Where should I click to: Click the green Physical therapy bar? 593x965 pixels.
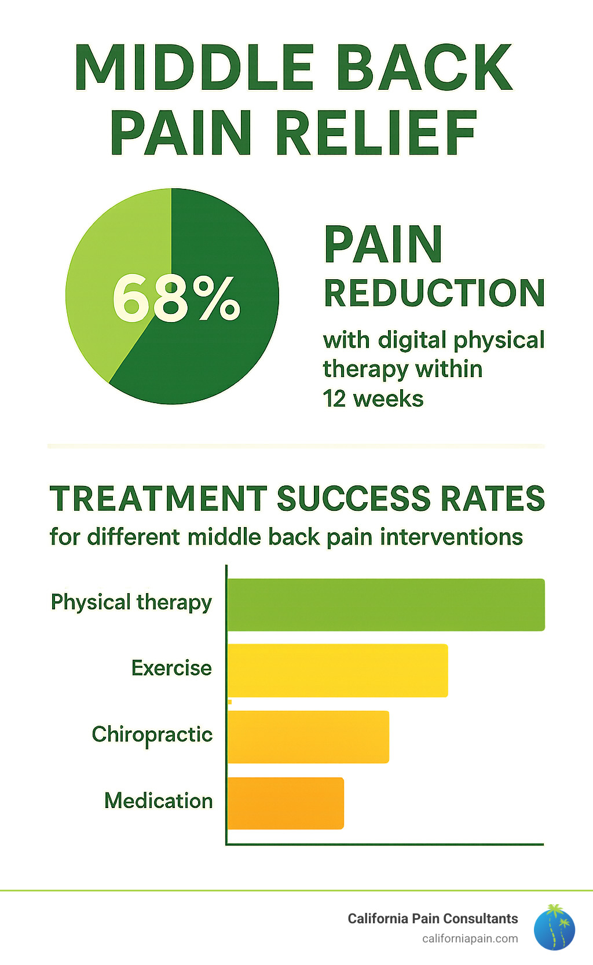(386, 605)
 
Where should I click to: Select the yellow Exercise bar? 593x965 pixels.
(338, 670)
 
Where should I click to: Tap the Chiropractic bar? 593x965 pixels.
(308, 737)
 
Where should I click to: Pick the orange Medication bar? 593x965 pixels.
(285, 803)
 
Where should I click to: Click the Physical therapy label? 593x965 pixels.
(131, 602)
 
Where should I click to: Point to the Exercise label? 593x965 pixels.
(171, 668)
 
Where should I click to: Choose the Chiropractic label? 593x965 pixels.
(152, 734)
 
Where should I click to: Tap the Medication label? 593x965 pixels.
(159, 801)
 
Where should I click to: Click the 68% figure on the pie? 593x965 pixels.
(176, 298)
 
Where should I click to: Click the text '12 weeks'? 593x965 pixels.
(373, 399)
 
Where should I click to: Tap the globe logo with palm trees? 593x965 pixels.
(554, 927)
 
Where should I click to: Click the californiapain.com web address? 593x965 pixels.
(470, 938)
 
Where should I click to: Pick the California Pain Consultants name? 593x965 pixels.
(433, 919)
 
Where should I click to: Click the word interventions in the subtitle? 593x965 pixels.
(452, 537)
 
